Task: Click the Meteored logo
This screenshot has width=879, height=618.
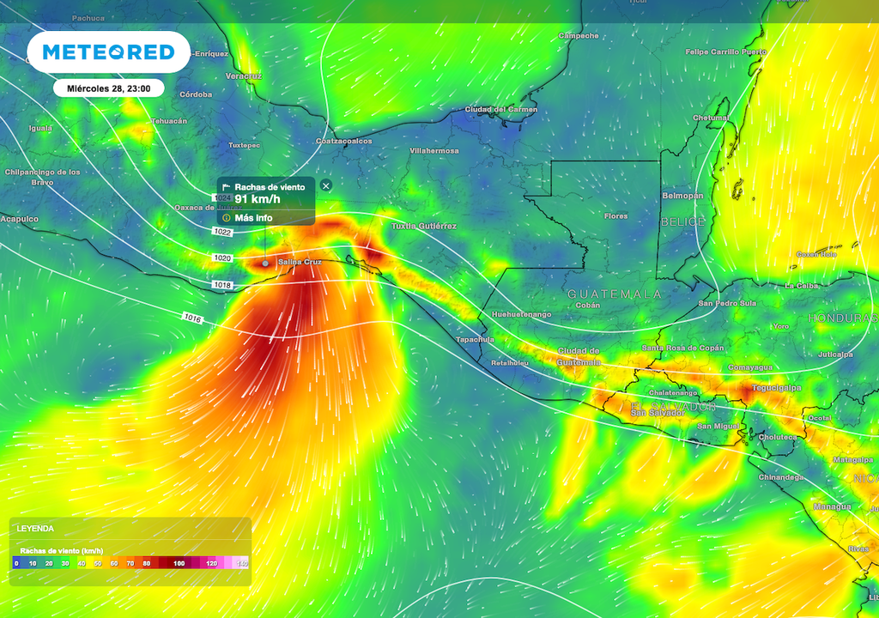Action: point(108,52)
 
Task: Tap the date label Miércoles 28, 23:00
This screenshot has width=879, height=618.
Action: point(109,88)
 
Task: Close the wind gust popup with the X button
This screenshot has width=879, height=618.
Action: point(325,185)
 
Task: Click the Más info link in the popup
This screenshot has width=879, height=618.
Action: point(252,218)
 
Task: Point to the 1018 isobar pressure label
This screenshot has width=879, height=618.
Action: point(222,284)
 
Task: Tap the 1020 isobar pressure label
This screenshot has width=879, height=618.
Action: point(222,257)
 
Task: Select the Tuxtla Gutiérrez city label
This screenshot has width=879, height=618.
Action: point(424,226)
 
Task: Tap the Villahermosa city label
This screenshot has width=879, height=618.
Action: point(434,150)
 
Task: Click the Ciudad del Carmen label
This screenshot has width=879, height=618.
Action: point(501,109)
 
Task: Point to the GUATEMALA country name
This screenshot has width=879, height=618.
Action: point(615,294)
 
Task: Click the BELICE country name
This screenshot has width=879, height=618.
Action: point(682,221)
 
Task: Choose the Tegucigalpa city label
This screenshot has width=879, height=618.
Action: point(777,387)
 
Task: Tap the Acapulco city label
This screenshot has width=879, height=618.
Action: point(20,219)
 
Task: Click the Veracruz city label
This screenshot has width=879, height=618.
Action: point(243,76)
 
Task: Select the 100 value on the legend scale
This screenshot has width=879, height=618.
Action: point(179,563)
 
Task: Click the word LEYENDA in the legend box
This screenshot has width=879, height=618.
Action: point(35,529)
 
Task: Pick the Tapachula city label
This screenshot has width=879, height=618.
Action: point(475,339)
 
